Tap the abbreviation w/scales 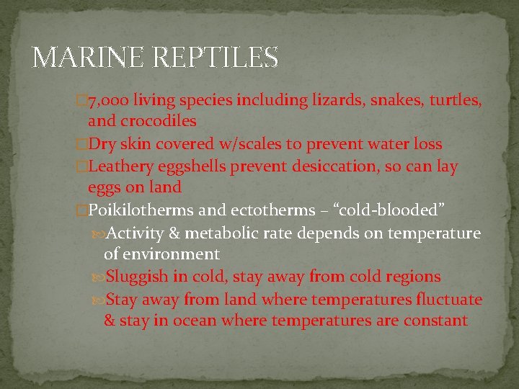pos(244,144)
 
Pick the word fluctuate pos(448,299)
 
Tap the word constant pos(434,321)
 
